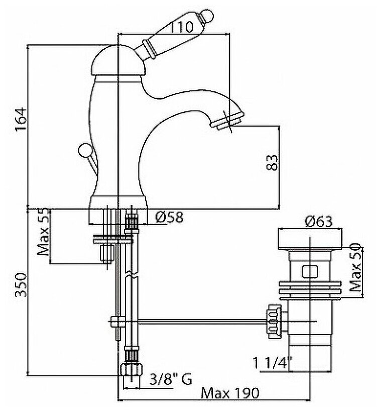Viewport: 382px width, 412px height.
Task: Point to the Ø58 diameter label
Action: click(169, 217)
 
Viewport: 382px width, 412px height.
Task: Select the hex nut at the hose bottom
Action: click(131, 369)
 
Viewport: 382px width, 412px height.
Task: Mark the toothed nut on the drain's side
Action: click(275, 321)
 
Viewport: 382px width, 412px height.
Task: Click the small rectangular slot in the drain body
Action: click(308, 272)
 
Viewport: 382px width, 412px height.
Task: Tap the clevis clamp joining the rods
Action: click(116, 322)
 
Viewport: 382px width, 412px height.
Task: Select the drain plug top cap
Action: click(308, 239)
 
